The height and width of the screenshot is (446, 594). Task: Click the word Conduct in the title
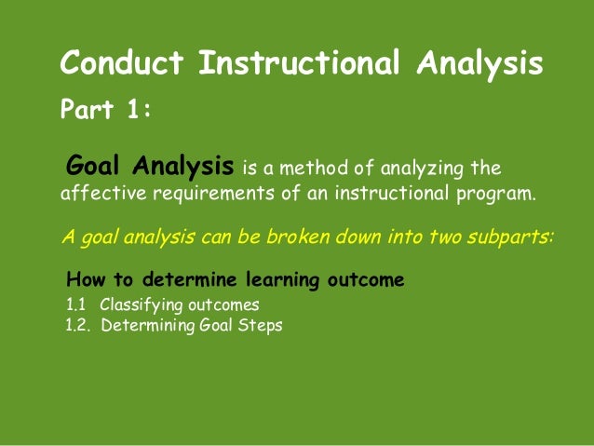[122, 63]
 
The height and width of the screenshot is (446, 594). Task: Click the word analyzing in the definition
[425, 169]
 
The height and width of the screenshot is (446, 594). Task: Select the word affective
[91, 196]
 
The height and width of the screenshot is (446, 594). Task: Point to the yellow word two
[442, 236]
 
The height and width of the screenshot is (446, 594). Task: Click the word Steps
[260, 325]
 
